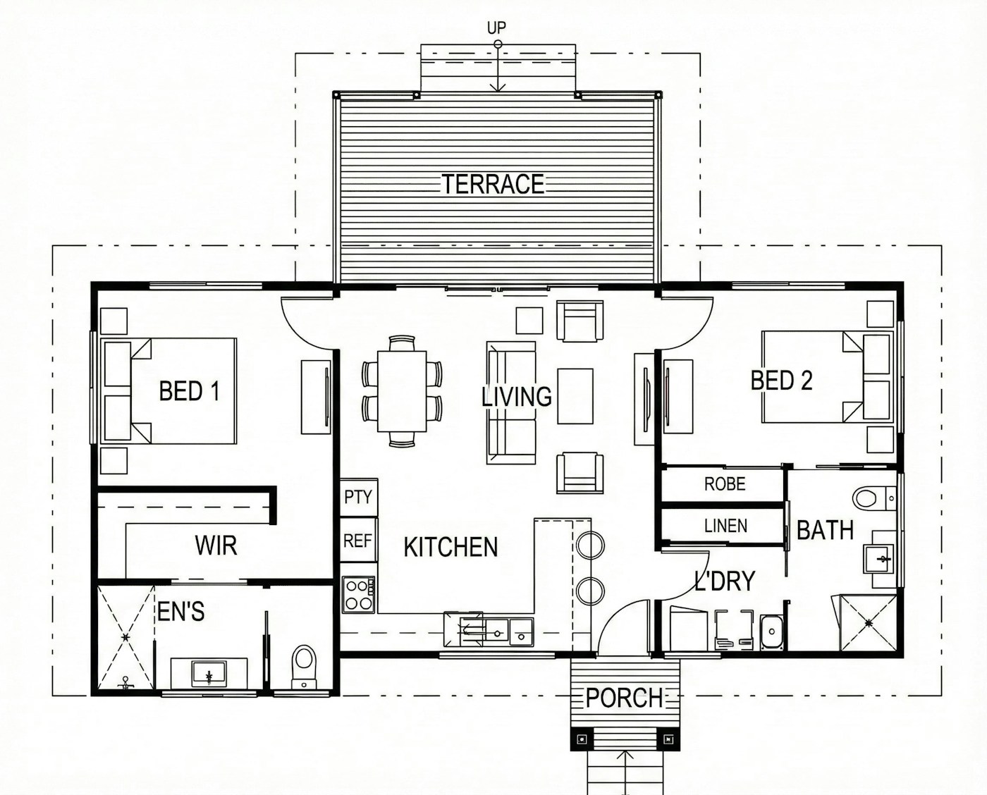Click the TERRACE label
pyautogui.click(x=493, y=184)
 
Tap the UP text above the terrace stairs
pyautogui.click(x=496, y=28)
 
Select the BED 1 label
pyautogui.click(x=190, y=391)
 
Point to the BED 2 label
pyautogui.click(x=782, y=380)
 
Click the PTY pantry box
pyautogui.click(x=359, y=497)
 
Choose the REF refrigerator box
pyautogui.click(x=359, y=540)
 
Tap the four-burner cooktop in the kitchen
pyautogui.click(x=359, y=594)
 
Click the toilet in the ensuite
pyautogui.click(x=304, y=666)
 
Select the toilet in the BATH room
pyautogui.click(x=873, y=498)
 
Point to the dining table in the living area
pyautogui.click(x=402, y=391)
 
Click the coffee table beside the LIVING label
pyautogui.click(x=575, y=395)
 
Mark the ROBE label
pyautogui.click(x=725, y=483)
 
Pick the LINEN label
pyautogui.click(x=725, y=525)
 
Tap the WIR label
pyautogui.click(x=216, y=545)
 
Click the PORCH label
pyautogui.click(x=624, y=698)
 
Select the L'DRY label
pyautogui.click(x=725, y=581)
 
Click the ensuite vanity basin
pyautogui.click(x=209, y=674)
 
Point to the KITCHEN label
pyautogui.click(x=450, y=547)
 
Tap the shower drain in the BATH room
pyautogui.click(x=869, y=622)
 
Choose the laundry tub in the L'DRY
pyautogui.click(x=772, y=632)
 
